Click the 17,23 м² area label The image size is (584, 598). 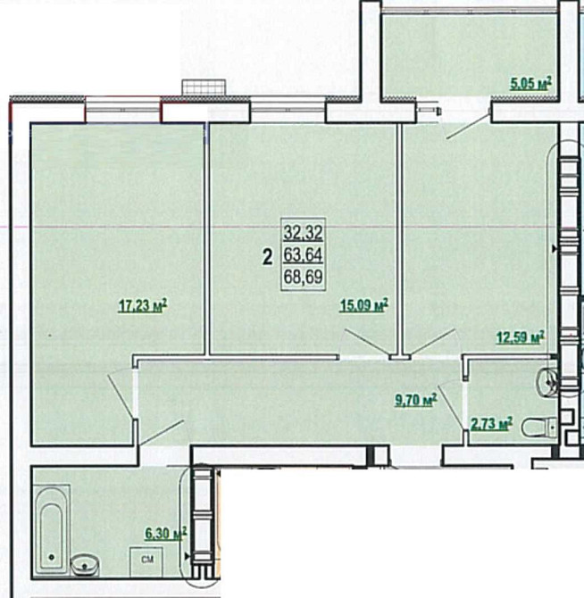coord(143,305)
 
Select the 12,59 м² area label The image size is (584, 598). coord(521,337)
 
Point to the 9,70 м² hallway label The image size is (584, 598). coord(416,401)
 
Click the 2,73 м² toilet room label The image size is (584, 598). coord(491,424)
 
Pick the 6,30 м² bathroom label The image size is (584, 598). coord(165,534)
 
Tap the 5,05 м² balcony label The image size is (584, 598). coord(531,83)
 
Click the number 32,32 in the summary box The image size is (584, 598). coord(304,232)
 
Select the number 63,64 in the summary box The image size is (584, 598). coord(304,254)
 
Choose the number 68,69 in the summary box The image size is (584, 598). coord(304,277)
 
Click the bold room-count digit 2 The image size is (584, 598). coord(268,257)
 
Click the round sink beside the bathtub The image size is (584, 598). coord(85,565)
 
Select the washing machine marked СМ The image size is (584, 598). coord(146,561)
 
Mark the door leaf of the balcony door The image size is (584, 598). coord(469,125)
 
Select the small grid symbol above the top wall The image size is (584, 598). coord(204,87)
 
